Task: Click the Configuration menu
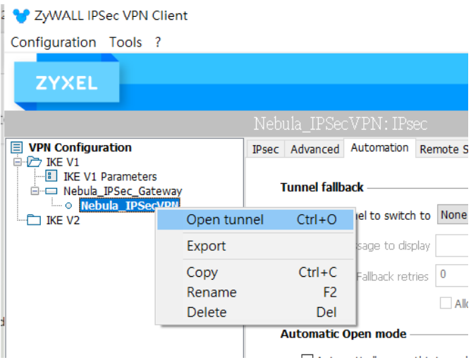click(x=53, y=42)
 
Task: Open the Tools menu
click(x=126, y=42)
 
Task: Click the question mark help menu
click(x=158, y=42)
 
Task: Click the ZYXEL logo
click(x=66, y=82)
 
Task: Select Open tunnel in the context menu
click(x=225, y=220)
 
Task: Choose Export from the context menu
click(x=206, y=246)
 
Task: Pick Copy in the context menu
click(x=202, y=273)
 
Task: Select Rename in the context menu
click(x=211, y=292)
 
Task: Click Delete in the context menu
click(x=207, y=312)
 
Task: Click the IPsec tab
click(x=265, y=149)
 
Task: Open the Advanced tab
click(x=314, y=149)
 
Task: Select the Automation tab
click(x=379, y=148)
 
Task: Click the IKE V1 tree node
click(x=62, y=162)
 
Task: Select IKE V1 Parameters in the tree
click(x=109, y=177)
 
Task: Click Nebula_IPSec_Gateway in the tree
click(x=122, y=191)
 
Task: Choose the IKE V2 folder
click(x=62, y=221)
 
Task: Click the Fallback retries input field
click(x=451, y=275)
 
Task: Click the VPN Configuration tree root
click(x=79, y=147)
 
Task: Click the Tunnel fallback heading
click(x=322, y=187)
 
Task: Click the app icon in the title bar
click(x=21, y=15)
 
